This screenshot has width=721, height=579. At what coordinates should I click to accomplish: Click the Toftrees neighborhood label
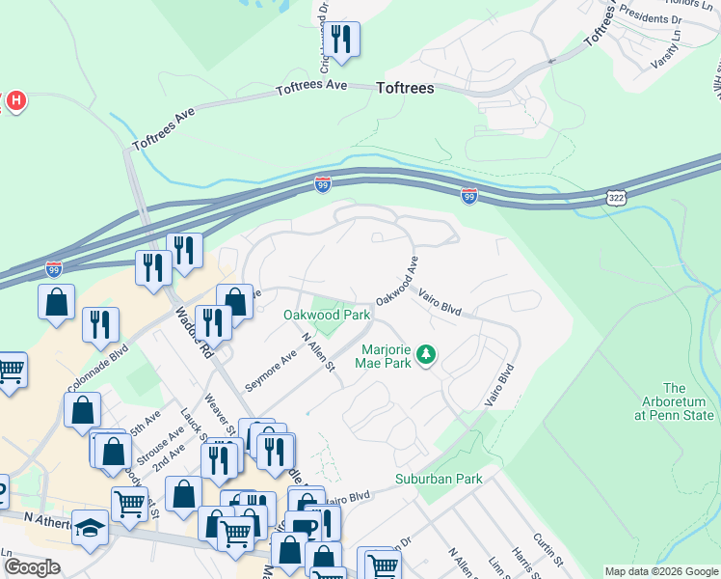pyautogui.click(x=404, y=88)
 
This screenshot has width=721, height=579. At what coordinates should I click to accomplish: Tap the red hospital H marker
pyautogui.click(x=14, y=100)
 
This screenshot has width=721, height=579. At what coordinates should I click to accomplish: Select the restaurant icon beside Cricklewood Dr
pyautogui.click(x=341, y=40)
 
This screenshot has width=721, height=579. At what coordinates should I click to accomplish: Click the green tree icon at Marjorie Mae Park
pyautogui.click(x=425, y=357)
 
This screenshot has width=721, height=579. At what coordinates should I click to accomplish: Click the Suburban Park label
pyautogui.click(x=438, y=479)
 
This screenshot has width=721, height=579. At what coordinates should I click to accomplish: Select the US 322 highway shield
pyautogui.click(x=614, y=197)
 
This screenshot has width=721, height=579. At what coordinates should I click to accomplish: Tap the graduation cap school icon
pyautogui.click(x=91, y=528)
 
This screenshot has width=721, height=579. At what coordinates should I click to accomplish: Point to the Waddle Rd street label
pyautogui.click(x=194, y=333)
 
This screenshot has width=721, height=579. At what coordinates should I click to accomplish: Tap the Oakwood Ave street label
pyautogui.click(x=397, y=281)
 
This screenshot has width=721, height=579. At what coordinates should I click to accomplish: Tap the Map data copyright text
pyautogui.click(x=662, y=571)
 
